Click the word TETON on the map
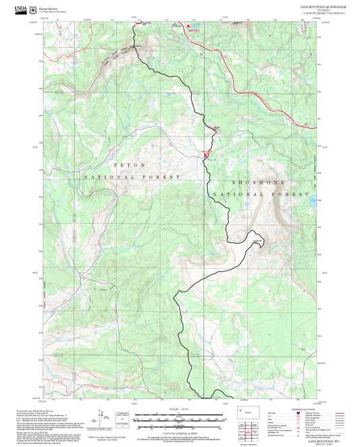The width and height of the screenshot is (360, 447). point(128,164)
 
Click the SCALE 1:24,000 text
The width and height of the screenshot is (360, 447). point(179,409)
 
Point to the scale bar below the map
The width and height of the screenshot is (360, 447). point(179,417)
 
